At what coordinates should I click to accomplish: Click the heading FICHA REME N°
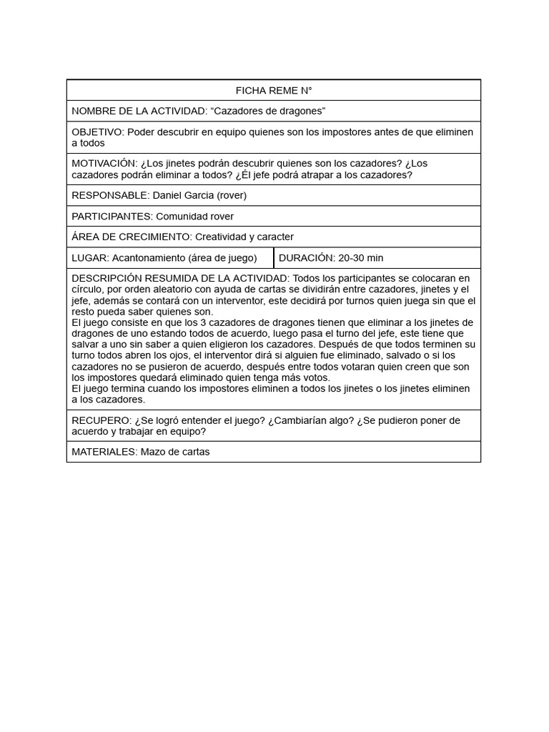[274, 90]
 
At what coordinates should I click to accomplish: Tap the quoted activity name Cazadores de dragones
[268, 111]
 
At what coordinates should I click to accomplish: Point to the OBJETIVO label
[97, 132]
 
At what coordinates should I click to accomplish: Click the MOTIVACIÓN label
[104, 163]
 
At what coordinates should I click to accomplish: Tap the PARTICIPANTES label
[112, 216]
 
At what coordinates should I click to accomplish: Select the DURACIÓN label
[306, 257]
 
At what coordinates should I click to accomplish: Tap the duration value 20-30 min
[361, 257]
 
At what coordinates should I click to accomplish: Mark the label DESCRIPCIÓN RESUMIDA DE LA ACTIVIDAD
[180, 278]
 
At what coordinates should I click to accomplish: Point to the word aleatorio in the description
[167, 290]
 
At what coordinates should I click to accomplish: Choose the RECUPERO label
[101, 420]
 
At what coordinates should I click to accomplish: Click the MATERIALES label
[104, 452]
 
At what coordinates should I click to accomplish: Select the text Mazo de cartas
[175, 452]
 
